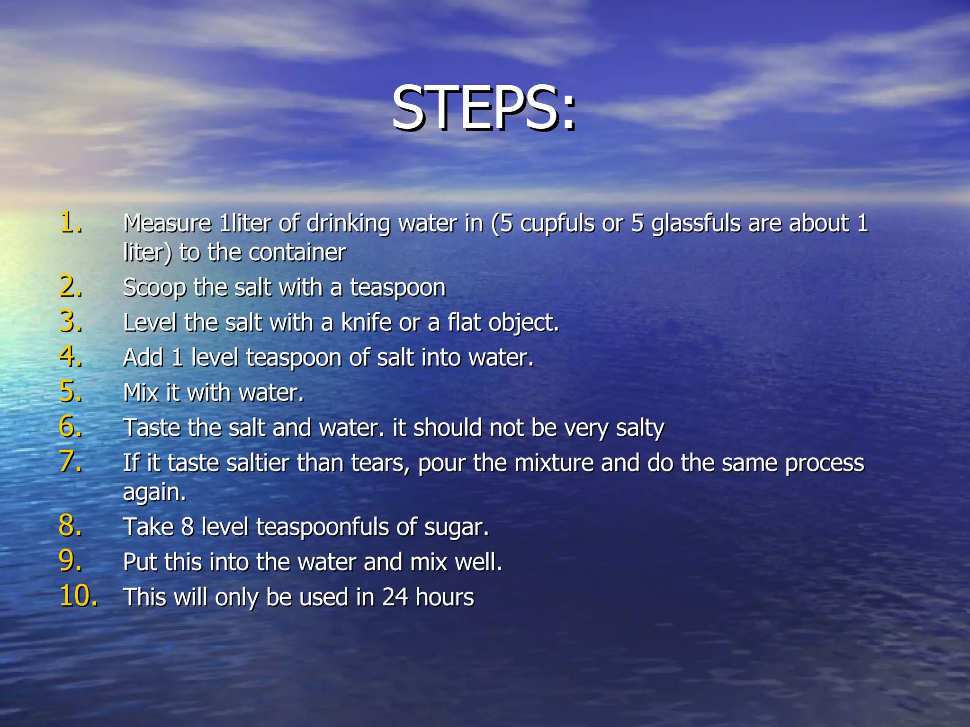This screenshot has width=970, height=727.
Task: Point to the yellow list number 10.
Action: coord(79,596)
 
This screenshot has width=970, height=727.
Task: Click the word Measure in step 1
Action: coord(167,223)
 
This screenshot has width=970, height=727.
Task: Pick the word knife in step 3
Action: coord(367,323)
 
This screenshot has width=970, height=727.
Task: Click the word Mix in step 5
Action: coord(141,393)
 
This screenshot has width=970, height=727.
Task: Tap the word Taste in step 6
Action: coord(152,428)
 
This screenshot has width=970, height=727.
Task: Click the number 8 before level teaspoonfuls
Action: coord(188,527)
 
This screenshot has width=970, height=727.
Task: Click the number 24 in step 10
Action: coord(395,597)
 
